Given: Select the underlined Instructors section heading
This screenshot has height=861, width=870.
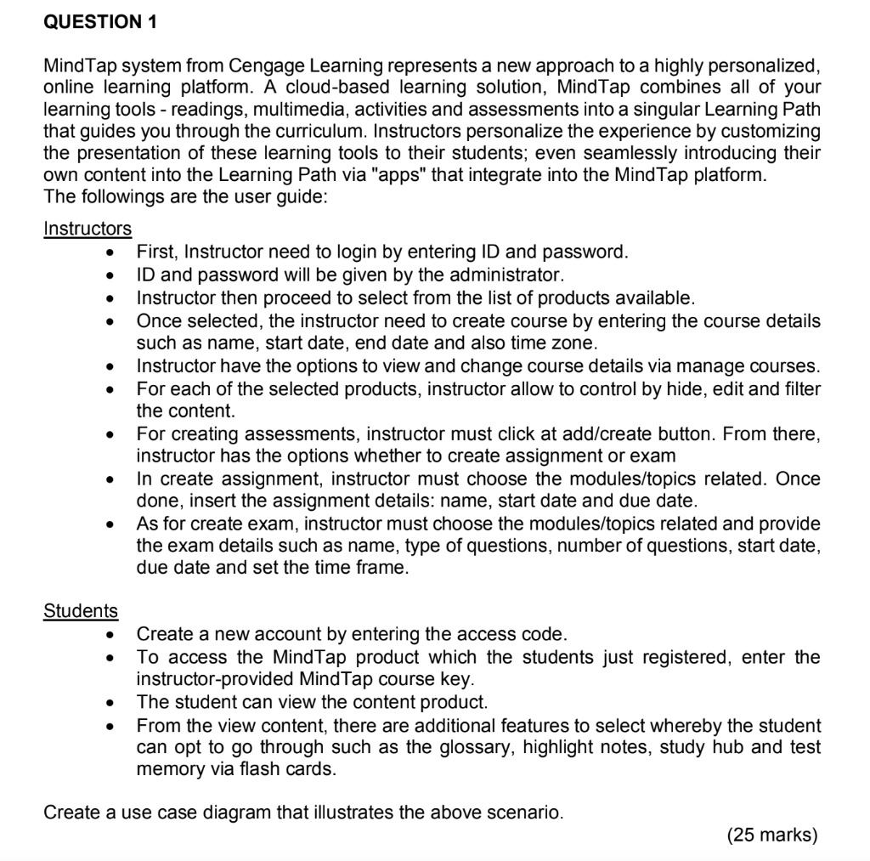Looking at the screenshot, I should coord(88,229).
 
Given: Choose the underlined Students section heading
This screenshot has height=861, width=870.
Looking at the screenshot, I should coord(81,610).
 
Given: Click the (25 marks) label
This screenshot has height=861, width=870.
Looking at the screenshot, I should coord(772,836).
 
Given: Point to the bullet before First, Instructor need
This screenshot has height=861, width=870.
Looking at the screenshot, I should coord(109,252).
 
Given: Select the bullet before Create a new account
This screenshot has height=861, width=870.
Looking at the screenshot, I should coord(109,635).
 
